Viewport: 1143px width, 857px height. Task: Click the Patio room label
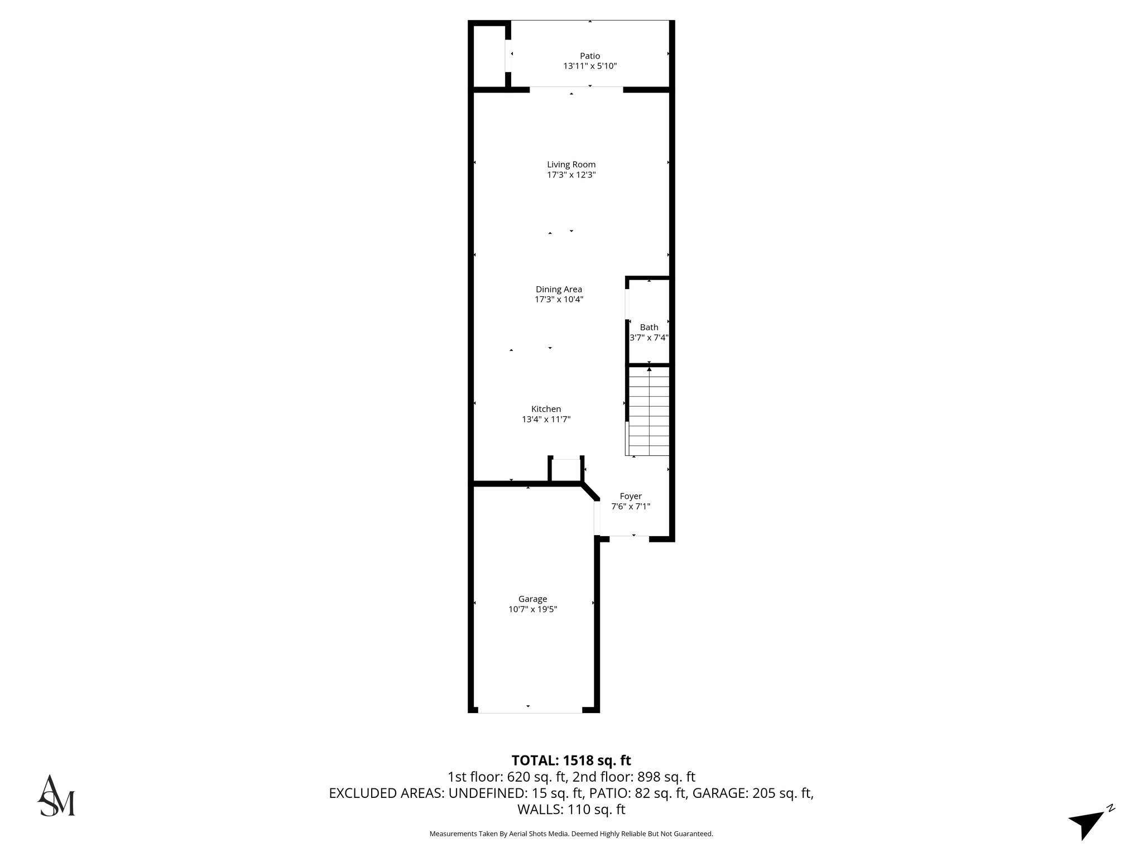point(590,56)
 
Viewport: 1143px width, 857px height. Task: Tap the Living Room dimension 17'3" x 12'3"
point(571,175)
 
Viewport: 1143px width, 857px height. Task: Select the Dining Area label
point(559,289)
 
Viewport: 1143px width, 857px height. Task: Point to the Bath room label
point(649,328)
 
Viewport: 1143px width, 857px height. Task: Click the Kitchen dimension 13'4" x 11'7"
point(546,420)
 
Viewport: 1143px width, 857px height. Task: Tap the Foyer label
point(631,496)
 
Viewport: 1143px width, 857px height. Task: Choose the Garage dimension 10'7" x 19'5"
point(532,609)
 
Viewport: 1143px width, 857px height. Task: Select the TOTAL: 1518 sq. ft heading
point(571,760)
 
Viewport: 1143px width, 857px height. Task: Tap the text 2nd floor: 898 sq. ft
point(634,777)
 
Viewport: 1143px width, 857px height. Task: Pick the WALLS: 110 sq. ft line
point(571,809)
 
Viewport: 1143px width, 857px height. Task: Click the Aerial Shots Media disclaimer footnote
point(571,834)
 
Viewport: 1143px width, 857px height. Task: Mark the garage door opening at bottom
point(530,712)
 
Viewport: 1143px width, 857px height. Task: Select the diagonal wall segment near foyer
point(590,492)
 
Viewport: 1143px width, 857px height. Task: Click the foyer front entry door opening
point(629,537)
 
